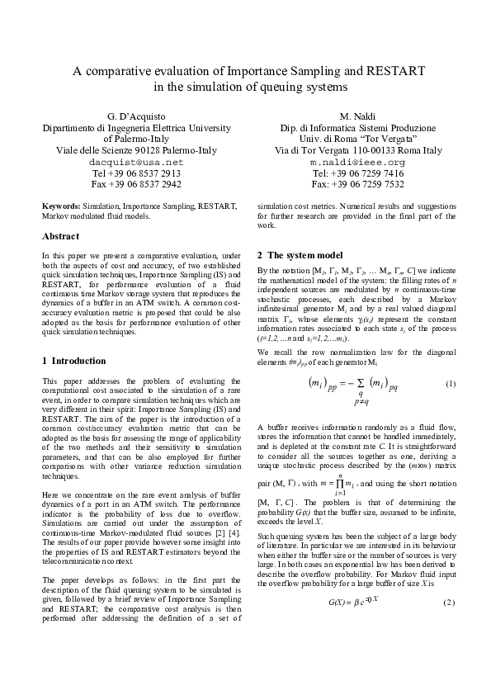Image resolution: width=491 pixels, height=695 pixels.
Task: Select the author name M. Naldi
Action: tap(357, 116)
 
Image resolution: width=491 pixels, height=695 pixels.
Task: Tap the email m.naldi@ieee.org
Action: tap(357, 163)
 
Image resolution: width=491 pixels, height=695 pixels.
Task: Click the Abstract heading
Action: tap(60, 236)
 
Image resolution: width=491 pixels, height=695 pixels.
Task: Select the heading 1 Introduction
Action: tap(73, 361)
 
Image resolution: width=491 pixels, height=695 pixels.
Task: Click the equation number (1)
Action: tap(451, 385)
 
